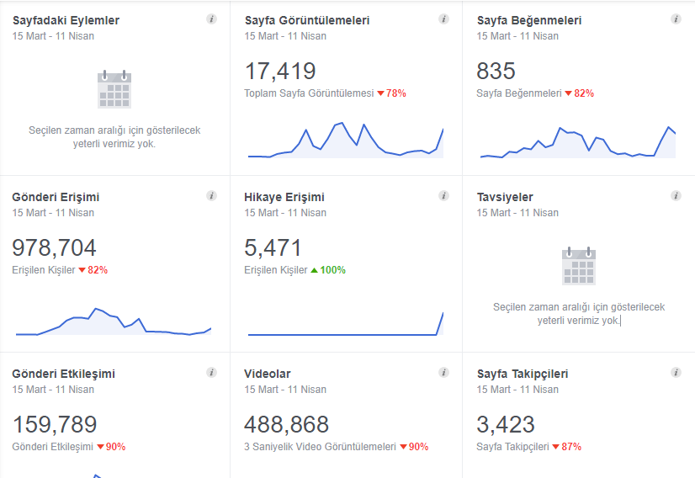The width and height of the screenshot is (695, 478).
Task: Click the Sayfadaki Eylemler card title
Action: [x=66, y=20]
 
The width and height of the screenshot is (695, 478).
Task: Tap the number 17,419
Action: [x=280, y=72]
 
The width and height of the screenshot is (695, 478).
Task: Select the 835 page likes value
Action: [x=496, y=71]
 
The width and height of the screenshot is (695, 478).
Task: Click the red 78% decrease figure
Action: [x=395, y=93]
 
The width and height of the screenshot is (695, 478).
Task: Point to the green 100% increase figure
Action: [x=333, y=270]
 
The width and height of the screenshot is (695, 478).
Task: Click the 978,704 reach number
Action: [x=54, y=248]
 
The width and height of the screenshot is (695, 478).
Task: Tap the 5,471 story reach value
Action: [x=273, y=248]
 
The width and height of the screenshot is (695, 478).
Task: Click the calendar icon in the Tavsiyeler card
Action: [x=579, y=266]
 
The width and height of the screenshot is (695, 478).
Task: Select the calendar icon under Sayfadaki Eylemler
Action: [x=114, y=89]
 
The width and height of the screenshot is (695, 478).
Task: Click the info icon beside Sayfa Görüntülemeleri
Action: [x=443, y=19]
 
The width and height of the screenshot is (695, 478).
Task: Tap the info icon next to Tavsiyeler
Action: [x=676, y=195]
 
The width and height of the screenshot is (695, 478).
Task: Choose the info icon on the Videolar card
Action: [x=443, y=373]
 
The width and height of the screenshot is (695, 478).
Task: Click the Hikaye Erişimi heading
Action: [x=284, y=197]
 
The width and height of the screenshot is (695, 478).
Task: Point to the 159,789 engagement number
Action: [x=55, y=424]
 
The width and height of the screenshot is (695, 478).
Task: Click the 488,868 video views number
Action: [x=286, y=424]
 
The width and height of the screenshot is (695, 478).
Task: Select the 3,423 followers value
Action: [x=506, y=424]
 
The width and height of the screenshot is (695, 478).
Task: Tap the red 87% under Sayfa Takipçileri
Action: [x=571, y=447]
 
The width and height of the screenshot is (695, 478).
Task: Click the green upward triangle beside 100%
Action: [x=314, y=270]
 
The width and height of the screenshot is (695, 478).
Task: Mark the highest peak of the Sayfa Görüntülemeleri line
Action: [x=342, y=123]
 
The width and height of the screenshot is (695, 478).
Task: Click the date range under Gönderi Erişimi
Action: [x=53, y=213]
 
